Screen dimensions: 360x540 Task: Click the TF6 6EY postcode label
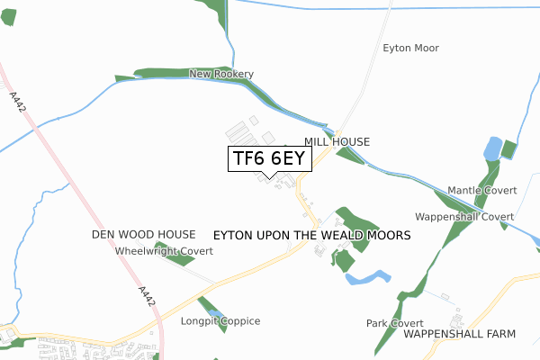point(270,158)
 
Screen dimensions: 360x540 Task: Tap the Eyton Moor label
point(410,48)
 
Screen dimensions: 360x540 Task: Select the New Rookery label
point(221,74)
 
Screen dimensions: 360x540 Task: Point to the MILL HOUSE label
point(337,142)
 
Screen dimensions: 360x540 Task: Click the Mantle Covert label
point(481,192)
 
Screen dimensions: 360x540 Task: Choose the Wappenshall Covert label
point(463,217)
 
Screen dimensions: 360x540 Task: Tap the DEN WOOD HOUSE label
point(143,234)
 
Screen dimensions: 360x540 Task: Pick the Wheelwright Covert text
point(163,251)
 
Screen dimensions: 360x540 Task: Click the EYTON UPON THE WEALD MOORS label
point(312,234)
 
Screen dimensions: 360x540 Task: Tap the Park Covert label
point(394,322)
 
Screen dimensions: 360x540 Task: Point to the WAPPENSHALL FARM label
point(459,333)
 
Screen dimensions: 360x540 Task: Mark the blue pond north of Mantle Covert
point(492,148)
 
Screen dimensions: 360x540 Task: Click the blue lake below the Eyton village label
point(369,277)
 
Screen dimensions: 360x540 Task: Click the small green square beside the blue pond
point(509,149)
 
